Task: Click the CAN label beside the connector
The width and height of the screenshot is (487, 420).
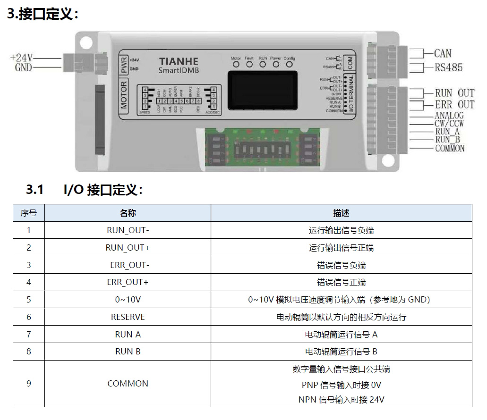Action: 443,53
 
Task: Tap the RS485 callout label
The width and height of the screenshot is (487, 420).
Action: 449,67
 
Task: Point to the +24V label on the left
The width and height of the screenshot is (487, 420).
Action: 22,58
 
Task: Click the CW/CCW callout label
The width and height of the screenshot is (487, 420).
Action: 449,124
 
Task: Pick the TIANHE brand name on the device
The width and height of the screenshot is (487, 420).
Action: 179,61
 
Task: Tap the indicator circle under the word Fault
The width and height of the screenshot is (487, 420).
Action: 249,65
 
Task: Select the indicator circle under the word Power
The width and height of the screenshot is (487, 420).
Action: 276,65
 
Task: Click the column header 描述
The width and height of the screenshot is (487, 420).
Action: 341,213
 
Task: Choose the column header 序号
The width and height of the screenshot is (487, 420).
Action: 28,213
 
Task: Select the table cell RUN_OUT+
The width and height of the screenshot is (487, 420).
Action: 128,248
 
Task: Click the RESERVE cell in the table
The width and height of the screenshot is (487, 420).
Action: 128,317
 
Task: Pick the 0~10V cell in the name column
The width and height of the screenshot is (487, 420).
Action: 128,300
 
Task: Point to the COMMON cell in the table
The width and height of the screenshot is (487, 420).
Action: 128,384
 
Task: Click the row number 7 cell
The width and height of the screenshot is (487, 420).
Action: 28,335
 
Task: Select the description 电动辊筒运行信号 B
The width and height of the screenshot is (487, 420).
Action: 341,352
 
